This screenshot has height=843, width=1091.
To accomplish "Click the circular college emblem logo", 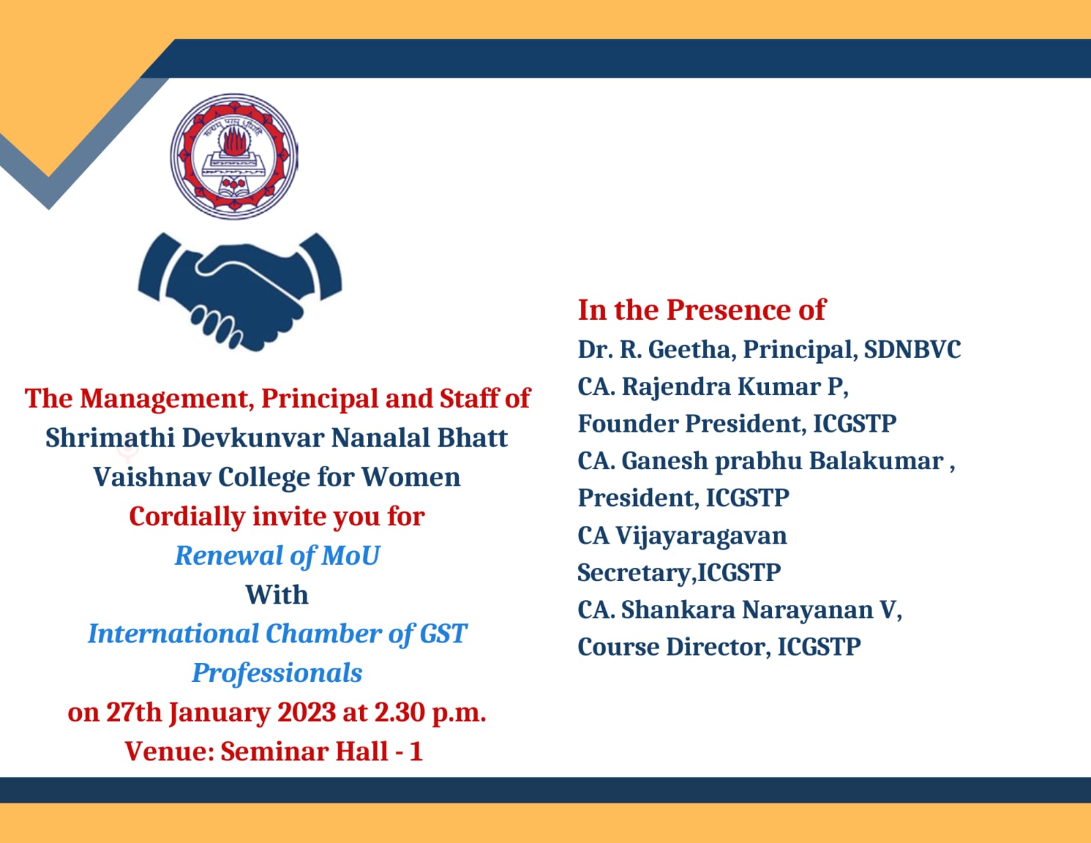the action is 235,156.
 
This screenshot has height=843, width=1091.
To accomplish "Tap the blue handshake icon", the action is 240,291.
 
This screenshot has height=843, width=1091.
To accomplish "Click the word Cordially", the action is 187,517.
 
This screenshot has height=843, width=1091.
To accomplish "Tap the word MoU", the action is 350,555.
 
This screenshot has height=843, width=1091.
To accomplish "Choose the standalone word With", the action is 277,595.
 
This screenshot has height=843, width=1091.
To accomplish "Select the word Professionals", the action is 277,673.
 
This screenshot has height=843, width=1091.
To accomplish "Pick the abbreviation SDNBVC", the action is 912,349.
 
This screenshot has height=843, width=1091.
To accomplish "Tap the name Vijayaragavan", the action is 701,536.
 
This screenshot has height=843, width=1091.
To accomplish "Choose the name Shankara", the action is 678,610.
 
